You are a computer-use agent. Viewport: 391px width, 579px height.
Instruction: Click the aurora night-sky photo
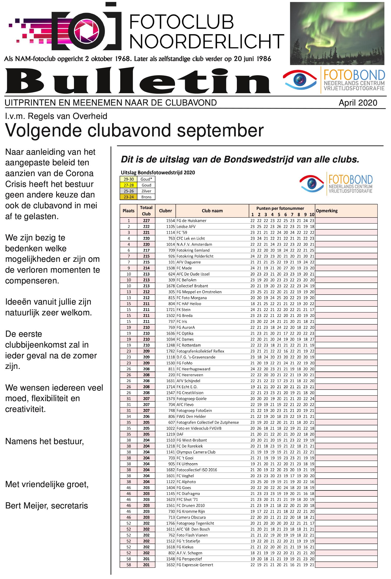(337, 33)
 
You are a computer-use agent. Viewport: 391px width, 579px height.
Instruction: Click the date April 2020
(358, 103)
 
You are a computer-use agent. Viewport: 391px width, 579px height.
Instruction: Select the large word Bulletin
(138, 81)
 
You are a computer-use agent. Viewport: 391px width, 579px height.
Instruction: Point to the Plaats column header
(128, 211)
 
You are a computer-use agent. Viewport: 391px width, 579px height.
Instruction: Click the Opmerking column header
(327, 211)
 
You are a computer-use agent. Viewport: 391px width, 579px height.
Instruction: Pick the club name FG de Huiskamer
(191, 221)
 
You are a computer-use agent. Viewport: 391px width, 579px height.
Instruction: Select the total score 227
(146, 221)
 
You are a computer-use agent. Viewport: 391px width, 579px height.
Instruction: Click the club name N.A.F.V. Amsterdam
(194, 244)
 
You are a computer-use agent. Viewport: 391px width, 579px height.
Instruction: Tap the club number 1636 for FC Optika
(170, 333)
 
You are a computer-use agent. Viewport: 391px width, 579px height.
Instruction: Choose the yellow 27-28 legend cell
(129, 185)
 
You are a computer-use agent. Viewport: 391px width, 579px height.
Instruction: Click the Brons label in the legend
(146, 197)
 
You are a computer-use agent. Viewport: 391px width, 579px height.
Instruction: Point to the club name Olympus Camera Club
(196, 452)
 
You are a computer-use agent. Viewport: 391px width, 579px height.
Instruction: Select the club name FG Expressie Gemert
(195, 565)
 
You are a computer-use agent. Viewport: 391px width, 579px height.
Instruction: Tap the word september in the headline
(220, 130)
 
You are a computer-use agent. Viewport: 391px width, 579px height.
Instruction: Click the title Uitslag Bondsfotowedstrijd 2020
(158, 172)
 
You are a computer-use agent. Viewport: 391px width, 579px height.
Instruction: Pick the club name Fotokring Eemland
(193, 250)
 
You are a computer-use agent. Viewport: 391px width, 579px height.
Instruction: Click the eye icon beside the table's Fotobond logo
(312, 184)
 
